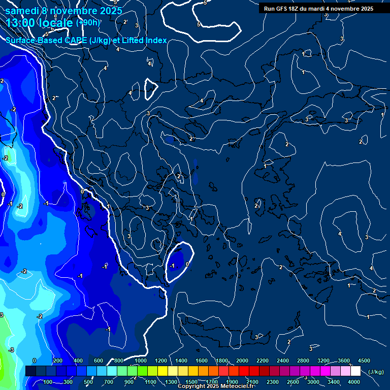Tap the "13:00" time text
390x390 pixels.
(x=22, y=22)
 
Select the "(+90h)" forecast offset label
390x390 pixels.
(x=88, y=22)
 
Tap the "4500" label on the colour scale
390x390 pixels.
(x=364, y=361)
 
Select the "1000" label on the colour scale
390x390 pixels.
(x=141, y=361)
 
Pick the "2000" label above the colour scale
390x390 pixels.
(x=242, y=361)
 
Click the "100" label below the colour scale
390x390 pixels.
(x=48, y=382)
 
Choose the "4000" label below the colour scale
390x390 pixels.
(x=354, y=382)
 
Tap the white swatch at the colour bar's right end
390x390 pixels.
(x=355, y=371)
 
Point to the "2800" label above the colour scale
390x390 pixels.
(x=303, y=361)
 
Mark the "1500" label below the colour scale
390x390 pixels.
(x=191, y=382)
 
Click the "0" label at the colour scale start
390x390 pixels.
(x=35, y=361)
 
